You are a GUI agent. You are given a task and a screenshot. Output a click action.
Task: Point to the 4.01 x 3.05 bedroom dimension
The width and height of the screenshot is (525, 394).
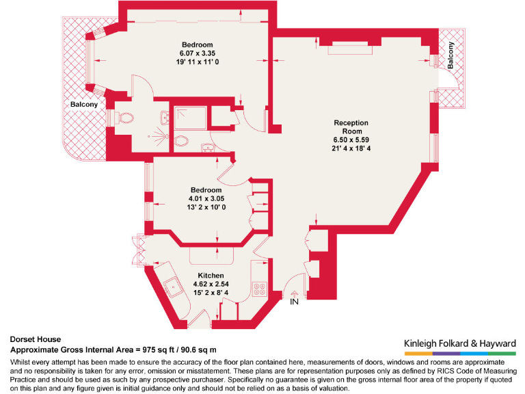click(206, 199)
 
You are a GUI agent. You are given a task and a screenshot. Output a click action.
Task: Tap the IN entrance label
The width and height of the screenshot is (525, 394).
click(295, 302)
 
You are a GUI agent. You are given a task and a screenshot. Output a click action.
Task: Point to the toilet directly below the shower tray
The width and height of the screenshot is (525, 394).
click(181, 142)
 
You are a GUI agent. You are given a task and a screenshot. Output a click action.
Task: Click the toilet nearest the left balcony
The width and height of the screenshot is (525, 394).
click(125, 119)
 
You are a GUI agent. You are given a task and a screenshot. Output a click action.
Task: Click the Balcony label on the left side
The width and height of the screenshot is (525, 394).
click(83, 105)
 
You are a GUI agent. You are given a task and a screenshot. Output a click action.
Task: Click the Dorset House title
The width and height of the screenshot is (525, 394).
click(36, 339)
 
